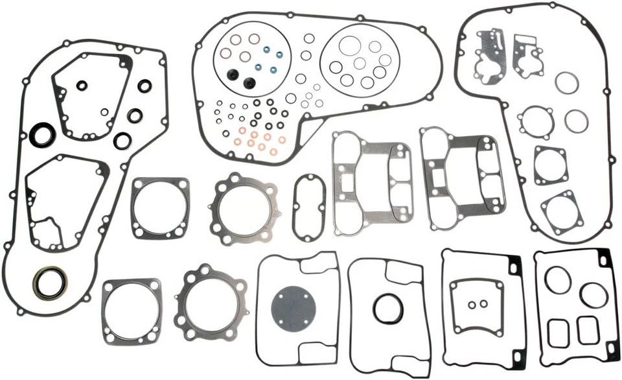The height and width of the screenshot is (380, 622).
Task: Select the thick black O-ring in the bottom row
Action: (x=387, y=308)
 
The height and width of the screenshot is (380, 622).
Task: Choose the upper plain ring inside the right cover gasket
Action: (x=568, y=82)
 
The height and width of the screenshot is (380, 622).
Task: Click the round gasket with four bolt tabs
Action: (x=535, y=120)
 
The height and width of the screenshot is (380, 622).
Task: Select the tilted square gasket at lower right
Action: (x=562, y=209)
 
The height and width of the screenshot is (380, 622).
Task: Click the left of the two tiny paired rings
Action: (x=473, y=305)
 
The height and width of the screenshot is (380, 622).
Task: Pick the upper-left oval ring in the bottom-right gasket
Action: (x=558, y=279)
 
